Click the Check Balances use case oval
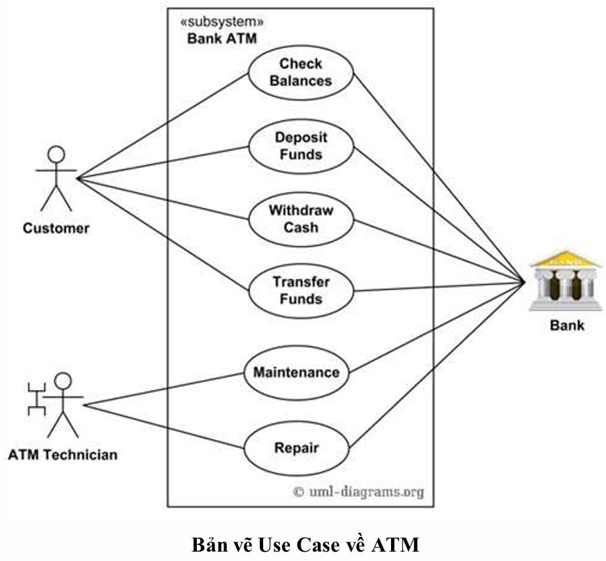coord(301,72)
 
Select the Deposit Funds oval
coord(301,145)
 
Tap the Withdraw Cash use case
coord(301,219)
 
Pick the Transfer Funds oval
coord(301,290)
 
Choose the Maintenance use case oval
coord(296,372)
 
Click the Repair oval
coord(296,448)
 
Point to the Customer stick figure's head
coord(56,154)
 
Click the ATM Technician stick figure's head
coord(63,382)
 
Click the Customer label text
coord(56,229)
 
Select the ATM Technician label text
coord(62,455)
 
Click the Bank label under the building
coord(566,326)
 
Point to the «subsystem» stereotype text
coord(218,22)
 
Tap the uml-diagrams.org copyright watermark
coord(359,492)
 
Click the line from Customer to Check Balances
coord(161,126)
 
